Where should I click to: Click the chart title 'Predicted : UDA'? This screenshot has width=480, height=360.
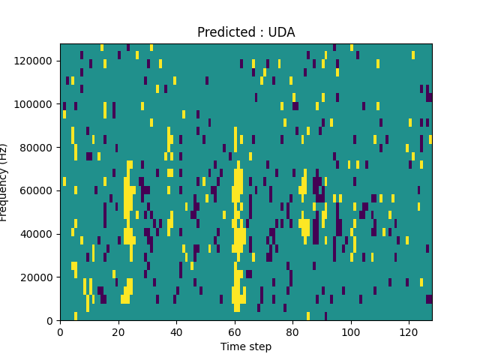click(246, 32)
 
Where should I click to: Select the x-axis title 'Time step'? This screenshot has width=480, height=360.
click(246, 346)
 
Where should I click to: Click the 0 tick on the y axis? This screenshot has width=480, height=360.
click(50, 320)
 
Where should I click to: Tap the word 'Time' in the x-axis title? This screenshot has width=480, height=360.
click(232, 346)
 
